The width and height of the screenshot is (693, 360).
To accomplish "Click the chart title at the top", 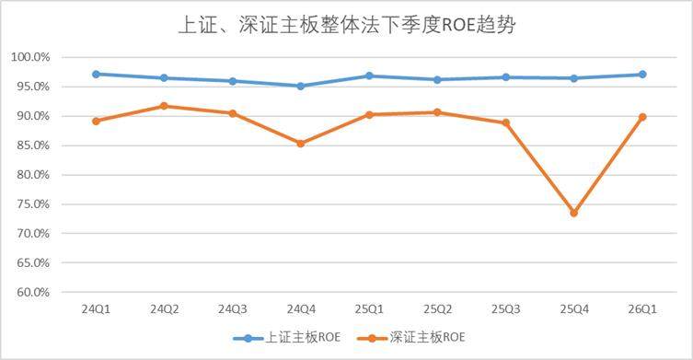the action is pos(347,25).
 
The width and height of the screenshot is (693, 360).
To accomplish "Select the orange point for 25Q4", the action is pos(573,214).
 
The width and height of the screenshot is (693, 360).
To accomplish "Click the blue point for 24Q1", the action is pos(96,74).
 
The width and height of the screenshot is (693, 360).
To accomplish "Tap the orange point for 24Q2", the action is pos(164,106).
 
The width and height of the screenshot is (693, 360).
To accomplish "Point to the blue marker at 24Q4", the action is pos(301,86).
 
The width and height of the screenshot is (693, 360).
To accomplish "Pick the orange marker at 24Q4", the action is pos(301,144).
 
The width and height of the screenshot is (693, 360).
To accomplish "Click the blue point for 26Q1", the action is pos(642,75).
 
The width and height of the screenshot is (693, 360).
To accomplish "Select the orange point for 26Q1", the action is pos(642,117).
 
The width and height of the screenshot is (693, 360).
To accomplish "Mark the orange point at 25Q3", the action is pos(505,122).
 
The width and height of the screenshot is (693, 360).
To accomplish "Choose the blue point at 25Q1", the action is pos(369,75).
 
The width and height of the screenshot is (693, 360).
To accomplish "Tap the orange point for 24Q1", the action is pos(96,121).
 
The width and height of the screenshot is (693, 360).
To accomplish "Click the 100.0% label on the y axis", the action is pos(30,57).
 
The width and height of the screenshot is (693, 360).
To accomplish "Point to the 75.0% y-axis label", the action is pos(33,203).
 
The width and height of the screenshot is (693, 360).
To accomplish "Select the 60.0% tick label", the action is pos(33,292).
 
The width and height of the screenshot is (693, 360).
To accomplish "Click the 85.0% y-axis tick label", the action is pos(33,145).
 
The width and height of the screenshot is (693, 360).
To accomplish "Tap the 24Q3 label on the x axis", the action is pos(233,309).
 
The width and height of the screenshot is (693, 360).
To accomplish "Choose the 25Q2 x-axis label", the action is pos(437,309).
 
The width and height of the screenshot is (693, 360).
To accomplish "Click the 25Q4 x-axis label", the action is pos(574,309).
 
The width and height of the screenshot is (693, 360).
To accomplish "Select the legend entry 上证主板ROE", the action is pos(287,338).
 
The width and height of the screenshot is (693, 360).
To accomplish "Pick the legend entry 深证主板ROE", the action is pos(411,338).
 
